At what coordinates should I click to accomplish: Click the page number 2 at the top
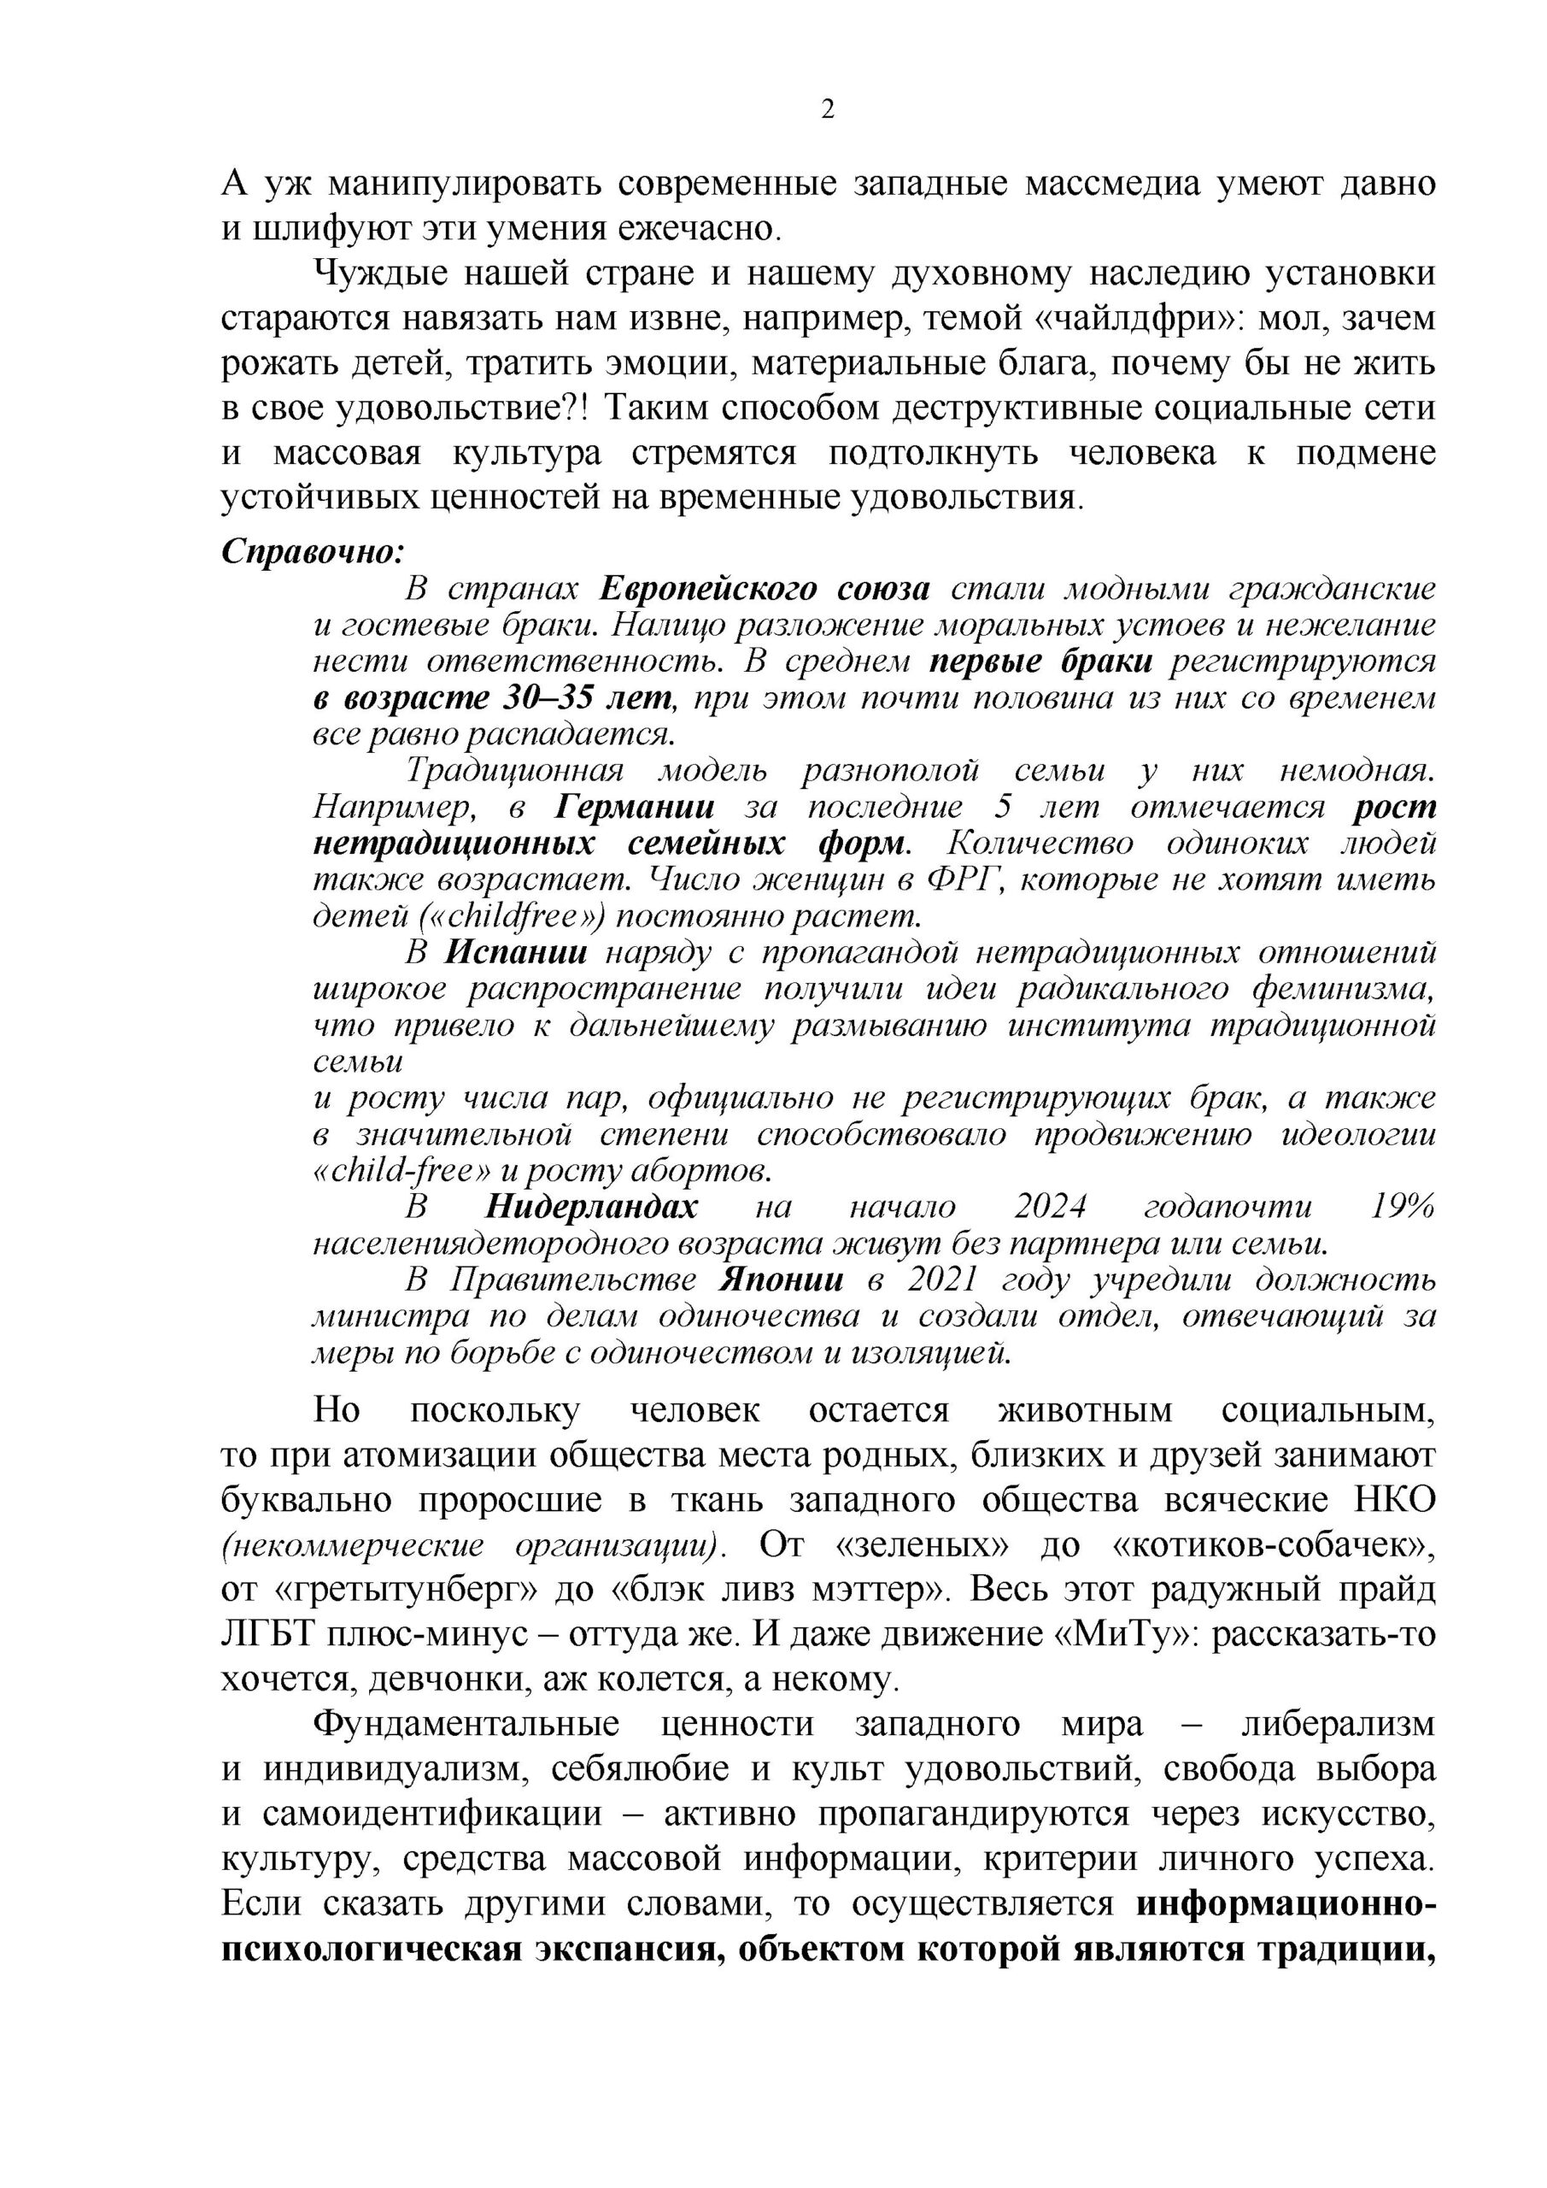point(827,109)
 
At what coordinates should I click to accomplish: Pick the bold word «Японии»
point(781,1279)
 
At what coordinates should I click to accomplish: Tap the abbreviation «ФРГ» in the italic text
point(961,879)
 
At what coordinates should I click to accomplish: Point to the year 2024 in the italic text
point(1050,1208)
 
